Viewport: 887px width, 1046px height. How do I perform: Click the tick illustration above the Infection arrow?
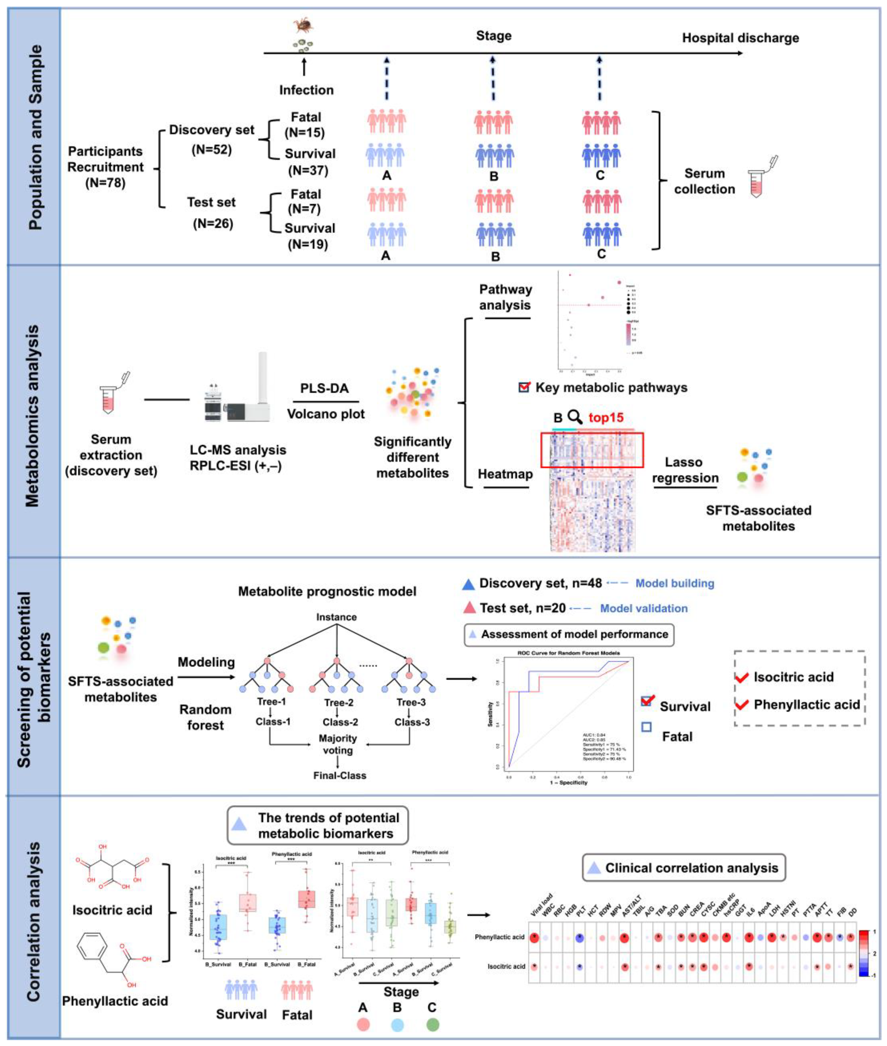[x=303, y=25]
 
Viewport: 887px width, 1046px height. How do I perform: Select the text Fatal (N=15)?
[x=305, y=125]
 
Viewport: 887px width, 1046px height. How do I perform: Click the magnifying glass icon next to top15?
[x=575, y=417]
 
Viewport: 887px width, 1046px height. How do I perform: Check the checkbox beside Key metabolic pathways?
[x=524, y=387]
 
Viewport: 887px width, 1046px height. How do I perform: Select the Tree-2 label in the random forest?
[x=339, y=702]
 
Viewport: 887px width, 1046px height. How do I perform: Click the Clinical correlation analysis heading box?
[x=684, y=868]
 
